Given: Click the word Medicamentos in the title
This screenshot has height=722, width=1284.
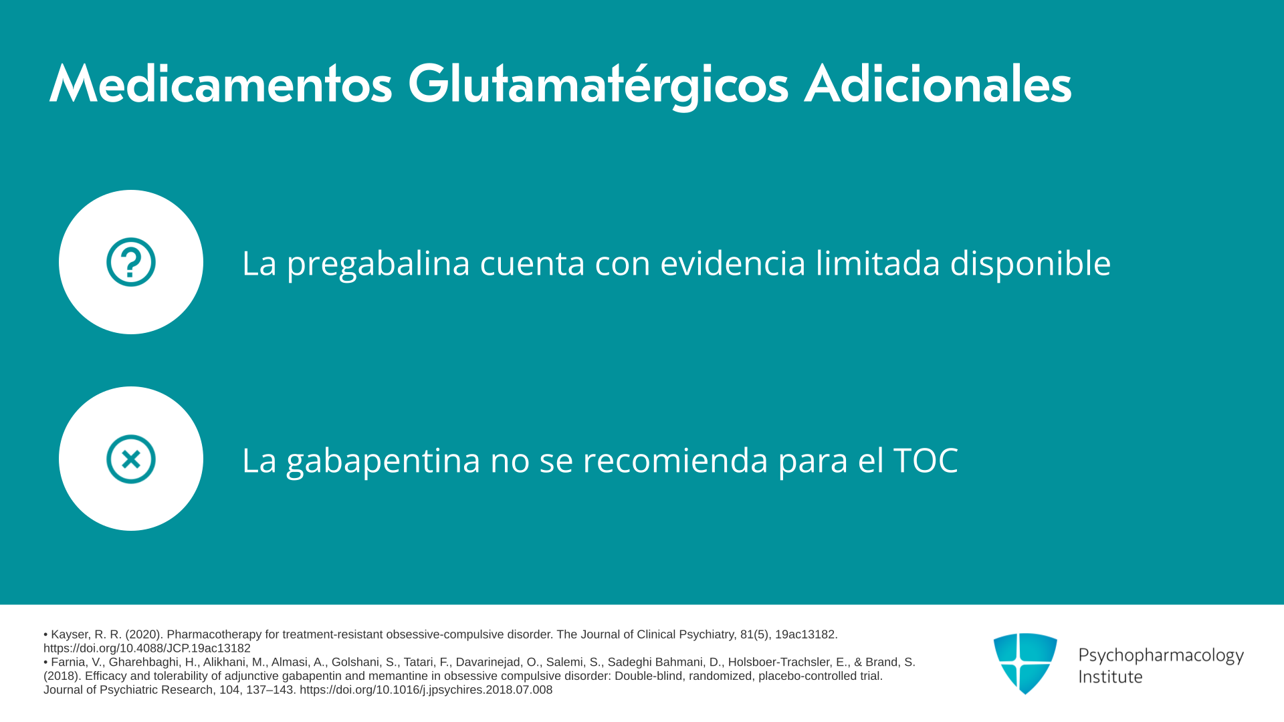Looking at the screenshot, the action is click(x=221, y=84).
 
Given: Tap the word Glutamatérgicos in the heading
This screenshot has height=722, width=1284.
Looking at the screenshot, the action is click(x=599, y=86).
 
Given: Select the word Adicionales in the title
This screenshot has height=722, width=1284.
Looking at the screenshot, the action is click(x=938, y=84).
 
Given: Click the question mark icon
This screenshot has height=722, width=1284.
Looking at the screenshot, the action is click(x=131, y=262).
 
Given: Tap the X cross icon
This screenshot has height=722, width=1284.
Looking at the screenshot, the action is click(x=131, y=459).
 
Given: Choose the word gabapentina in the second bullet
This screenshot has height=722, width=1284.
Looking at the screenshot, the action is click(x=383, y=461).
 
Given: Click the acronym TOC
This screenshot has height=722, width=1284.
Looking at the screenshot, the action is click(x=926, y=460).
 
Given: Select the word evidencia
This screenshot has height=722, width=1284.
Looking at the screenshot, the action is click(x=732, y=263).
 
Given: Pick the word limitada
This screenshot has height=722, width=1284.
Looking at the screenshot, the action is click(x=877, y=263).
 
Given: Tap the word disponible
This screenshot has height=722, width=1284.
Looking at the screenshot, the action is click(x=1031, y=263).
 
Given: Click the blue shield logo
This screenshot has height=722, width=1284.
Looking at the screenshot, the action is click(x=1025, y=663).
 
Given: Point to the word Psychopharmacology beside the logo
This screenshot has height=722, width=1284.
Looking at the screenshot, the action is click(x=1161, y=656).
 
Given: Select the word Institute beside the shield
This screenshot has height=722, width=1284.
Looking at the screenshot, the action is click(x=1110, y=677).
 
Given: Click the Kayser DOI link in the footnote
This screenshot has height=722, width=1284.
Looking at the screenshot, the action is click(x=147, y=648).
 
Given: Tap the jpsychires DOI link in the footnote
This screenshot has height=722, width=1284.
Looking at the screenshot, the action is click(x=426, y=690).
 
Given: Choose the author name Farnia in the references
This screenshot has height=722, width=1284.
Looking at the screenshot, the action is click(x=68, y=663).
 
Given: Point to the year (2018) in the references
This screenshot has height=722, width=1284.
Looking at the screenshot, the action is click(x=61, y=676).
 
